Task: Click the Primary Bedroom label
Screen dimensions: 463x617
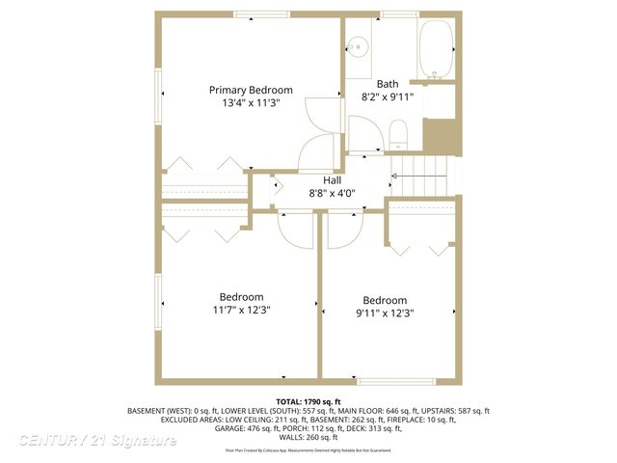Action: [251, 90]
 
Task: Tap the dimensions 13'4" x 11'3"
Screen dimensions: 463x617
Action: [251, 103]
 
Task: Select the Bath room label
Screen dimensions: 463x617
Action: [387, 84]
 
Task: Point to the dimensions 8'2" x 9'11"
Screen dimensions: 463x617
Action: [387, 97]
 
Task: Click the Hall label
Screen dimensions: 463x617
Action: [332, 179]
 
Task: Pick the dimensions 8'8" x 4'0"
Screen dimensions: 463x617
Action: [332, 193]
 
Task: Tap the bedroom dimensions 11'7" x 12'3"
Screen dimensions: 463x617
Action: [240, 311]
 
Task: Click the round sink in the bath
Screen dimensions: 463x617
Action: [358, 45]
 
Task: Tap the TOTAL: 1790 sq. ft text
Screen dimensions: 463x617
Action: [308, 401]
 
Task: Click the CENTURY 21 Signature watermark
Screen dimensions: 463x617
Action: [97, 441]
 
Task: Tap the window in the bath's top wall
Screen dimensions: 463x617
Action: [399, 14]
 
